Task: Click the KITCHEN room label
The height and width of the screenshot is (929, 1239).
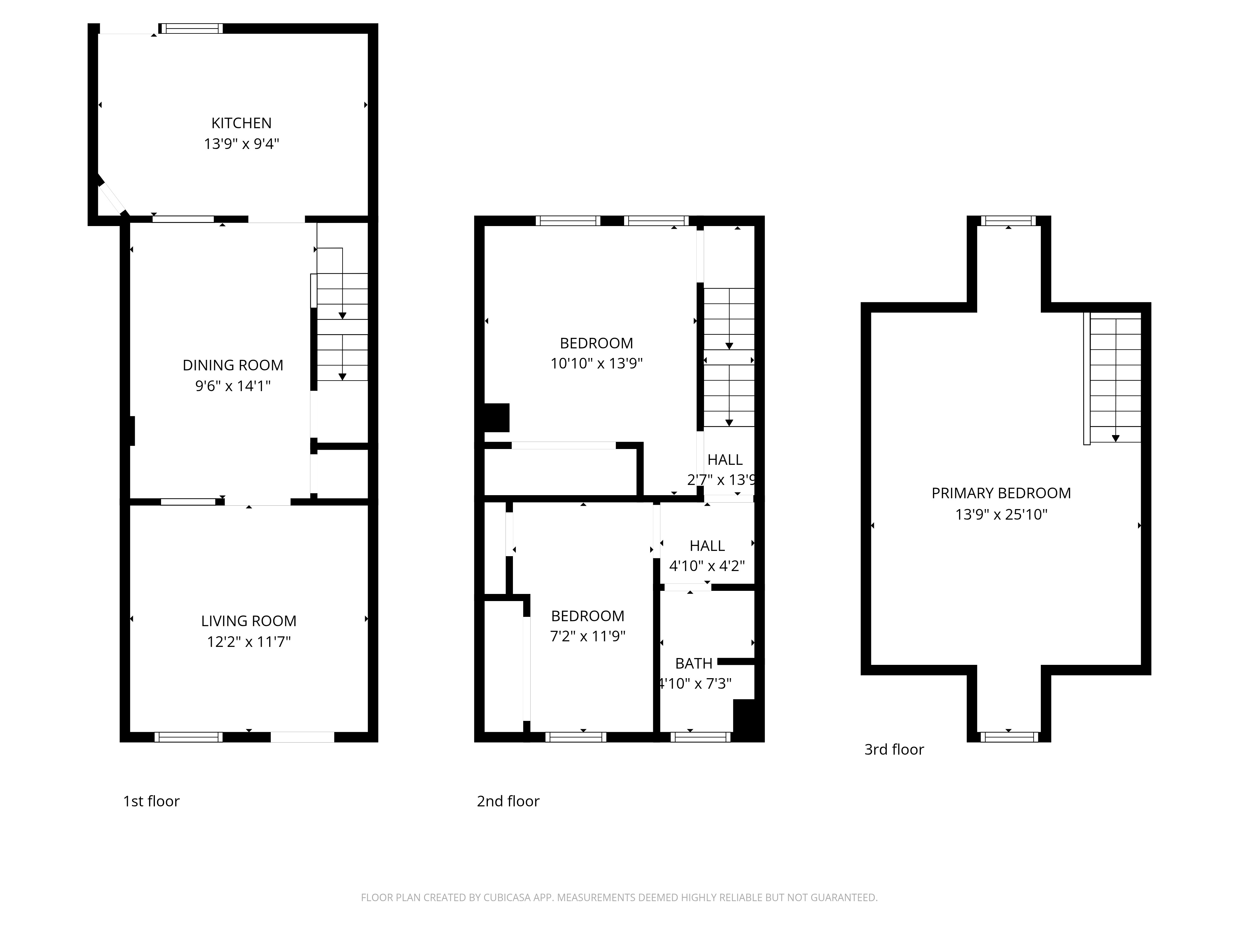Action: (x=241, y=123)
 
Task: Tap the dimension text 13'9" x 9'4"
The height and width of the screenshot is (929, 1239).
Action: (x=241, y=144)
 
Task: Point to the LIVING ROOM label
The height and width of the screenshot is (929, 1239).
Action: (x=249, y=621)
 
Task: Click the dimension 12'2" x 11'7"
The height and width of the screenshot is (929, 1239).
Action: (x=249, y=641)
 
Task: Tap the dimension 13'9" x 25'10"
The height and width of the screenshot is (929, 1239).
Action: (x=1001, y=514)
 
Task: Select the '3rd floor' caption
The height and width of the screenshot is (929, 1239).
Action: (x=894, y=749)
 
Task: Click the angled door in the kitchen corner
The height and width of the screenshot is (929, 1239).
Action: (x=112, y=197)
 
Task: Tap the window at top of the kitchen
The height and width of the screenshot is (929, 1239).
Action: (x=191, y=28)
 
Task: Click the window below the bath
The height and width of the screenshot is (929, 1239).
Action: (x=700, y=737)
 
